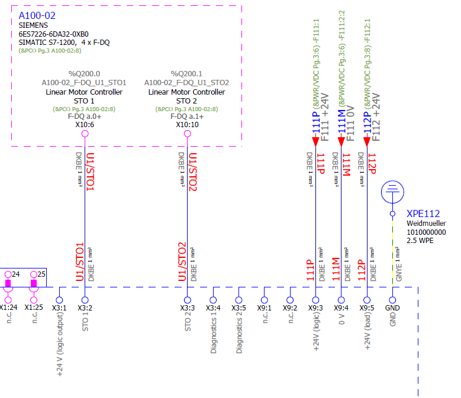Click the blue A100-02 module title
37,15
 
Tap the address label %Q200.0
84,73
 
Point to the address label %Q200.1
186,73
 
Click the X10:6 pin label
85,125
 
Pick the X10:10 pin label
187,125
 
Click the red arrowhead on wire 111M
341,140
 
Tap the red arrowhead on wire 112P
367,140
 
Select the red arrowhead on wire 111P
315,140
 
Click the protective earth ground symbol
392,190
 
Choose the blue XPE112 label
423,214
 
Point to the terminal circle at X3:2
85,300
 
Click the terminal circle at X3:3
187,300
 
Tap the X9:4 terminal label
341,308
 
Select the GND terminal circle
392,300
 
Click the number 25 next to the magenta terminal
41,274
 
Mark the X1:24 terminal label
8,308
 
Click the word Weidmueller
426,224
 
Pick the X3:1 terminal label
59,308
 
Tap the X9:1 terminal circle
264,300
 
